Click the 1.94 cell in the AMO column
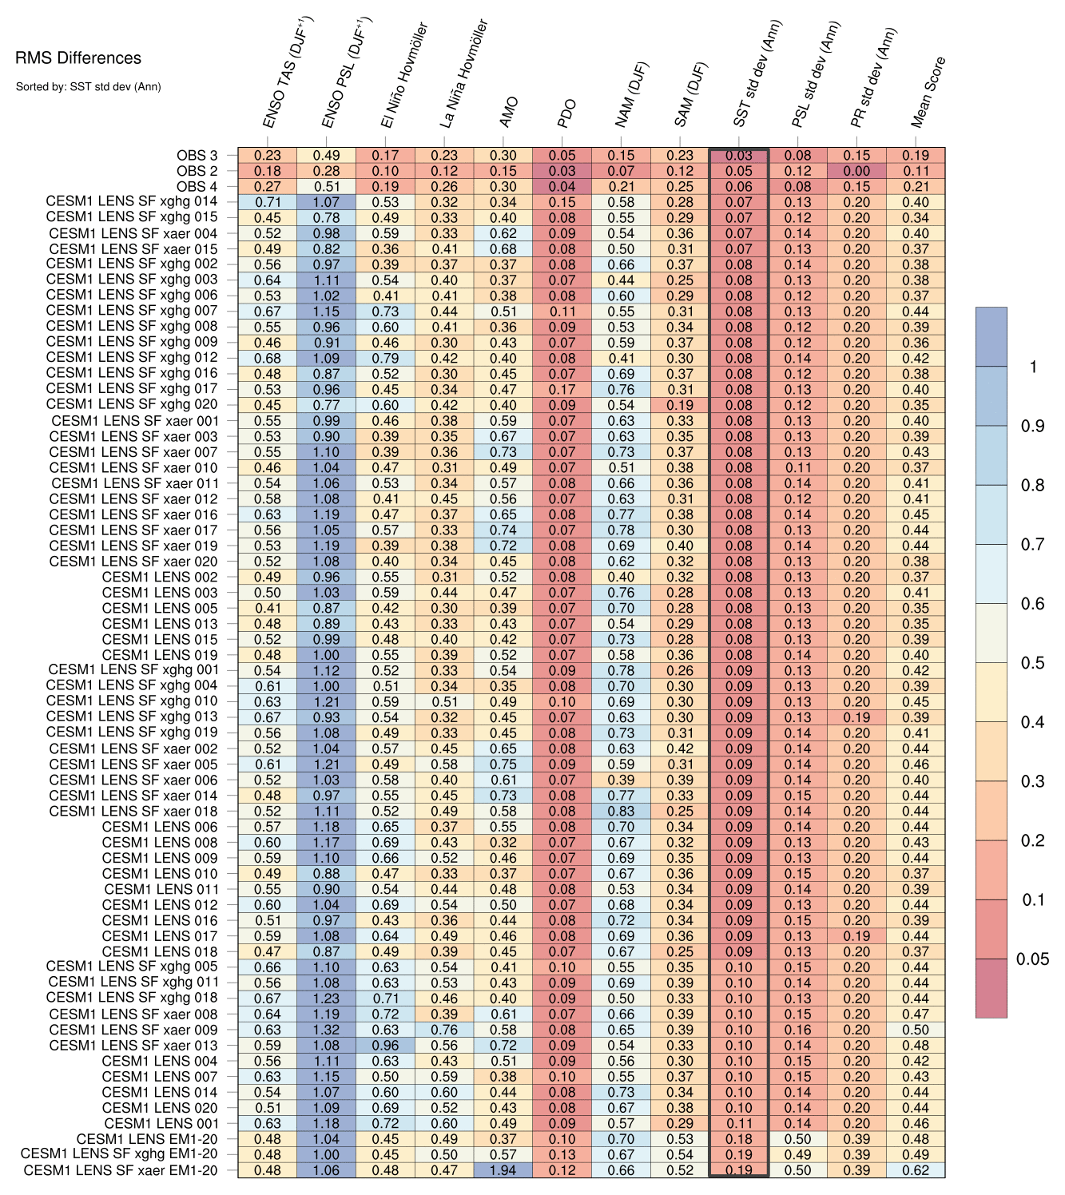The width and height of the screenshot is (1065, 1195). [503, 1170]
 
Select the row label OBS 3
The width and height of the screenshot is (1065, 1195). [197, 156]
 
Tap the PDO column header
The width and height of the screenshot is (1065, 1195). [566, 114]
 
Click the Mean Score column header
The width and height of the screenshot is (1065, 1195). [928, 92]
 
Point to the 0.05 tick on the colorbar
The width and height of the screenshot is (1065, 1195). [1032, 959]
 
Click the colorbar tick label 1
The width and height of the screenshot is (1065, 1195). [1033, 367]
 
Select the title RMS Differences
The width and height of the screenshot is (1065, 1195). [78, 58]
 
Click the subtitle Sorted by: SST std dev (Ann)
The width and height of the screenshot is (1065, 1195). [88, 86]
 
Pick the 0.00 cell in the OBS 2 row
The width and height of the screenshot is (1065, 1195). [856, 171]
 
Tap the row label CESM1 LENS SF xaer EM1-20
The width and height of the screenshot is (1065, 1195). [121, 1170]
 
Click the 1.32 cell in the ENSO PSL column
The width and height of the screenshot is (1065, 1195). [327, 1030]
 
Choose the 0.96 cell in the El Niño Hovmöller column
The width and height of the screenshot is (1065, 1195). [385, 1045]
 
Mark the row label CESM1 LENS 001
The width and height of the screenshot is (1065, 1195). [161, 1123]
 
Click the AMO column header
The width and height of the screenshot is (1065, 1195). [508, 112]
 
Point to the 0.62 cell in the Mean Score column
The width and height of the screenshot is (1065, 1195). [916, 1170]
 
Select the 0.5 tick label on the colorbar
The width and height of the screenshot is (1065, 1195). [1032, 663]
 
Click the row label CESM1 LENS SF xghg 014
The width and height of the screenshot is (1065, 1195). [132, 202]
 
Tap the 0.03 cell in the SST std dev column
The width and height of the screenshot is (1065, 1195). [739, 156]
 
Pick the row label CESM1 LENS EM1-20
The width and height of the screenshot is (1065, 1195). [147, 1139]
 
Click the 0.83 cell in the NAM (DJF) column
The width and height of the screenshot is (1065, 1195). [621, 811]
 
